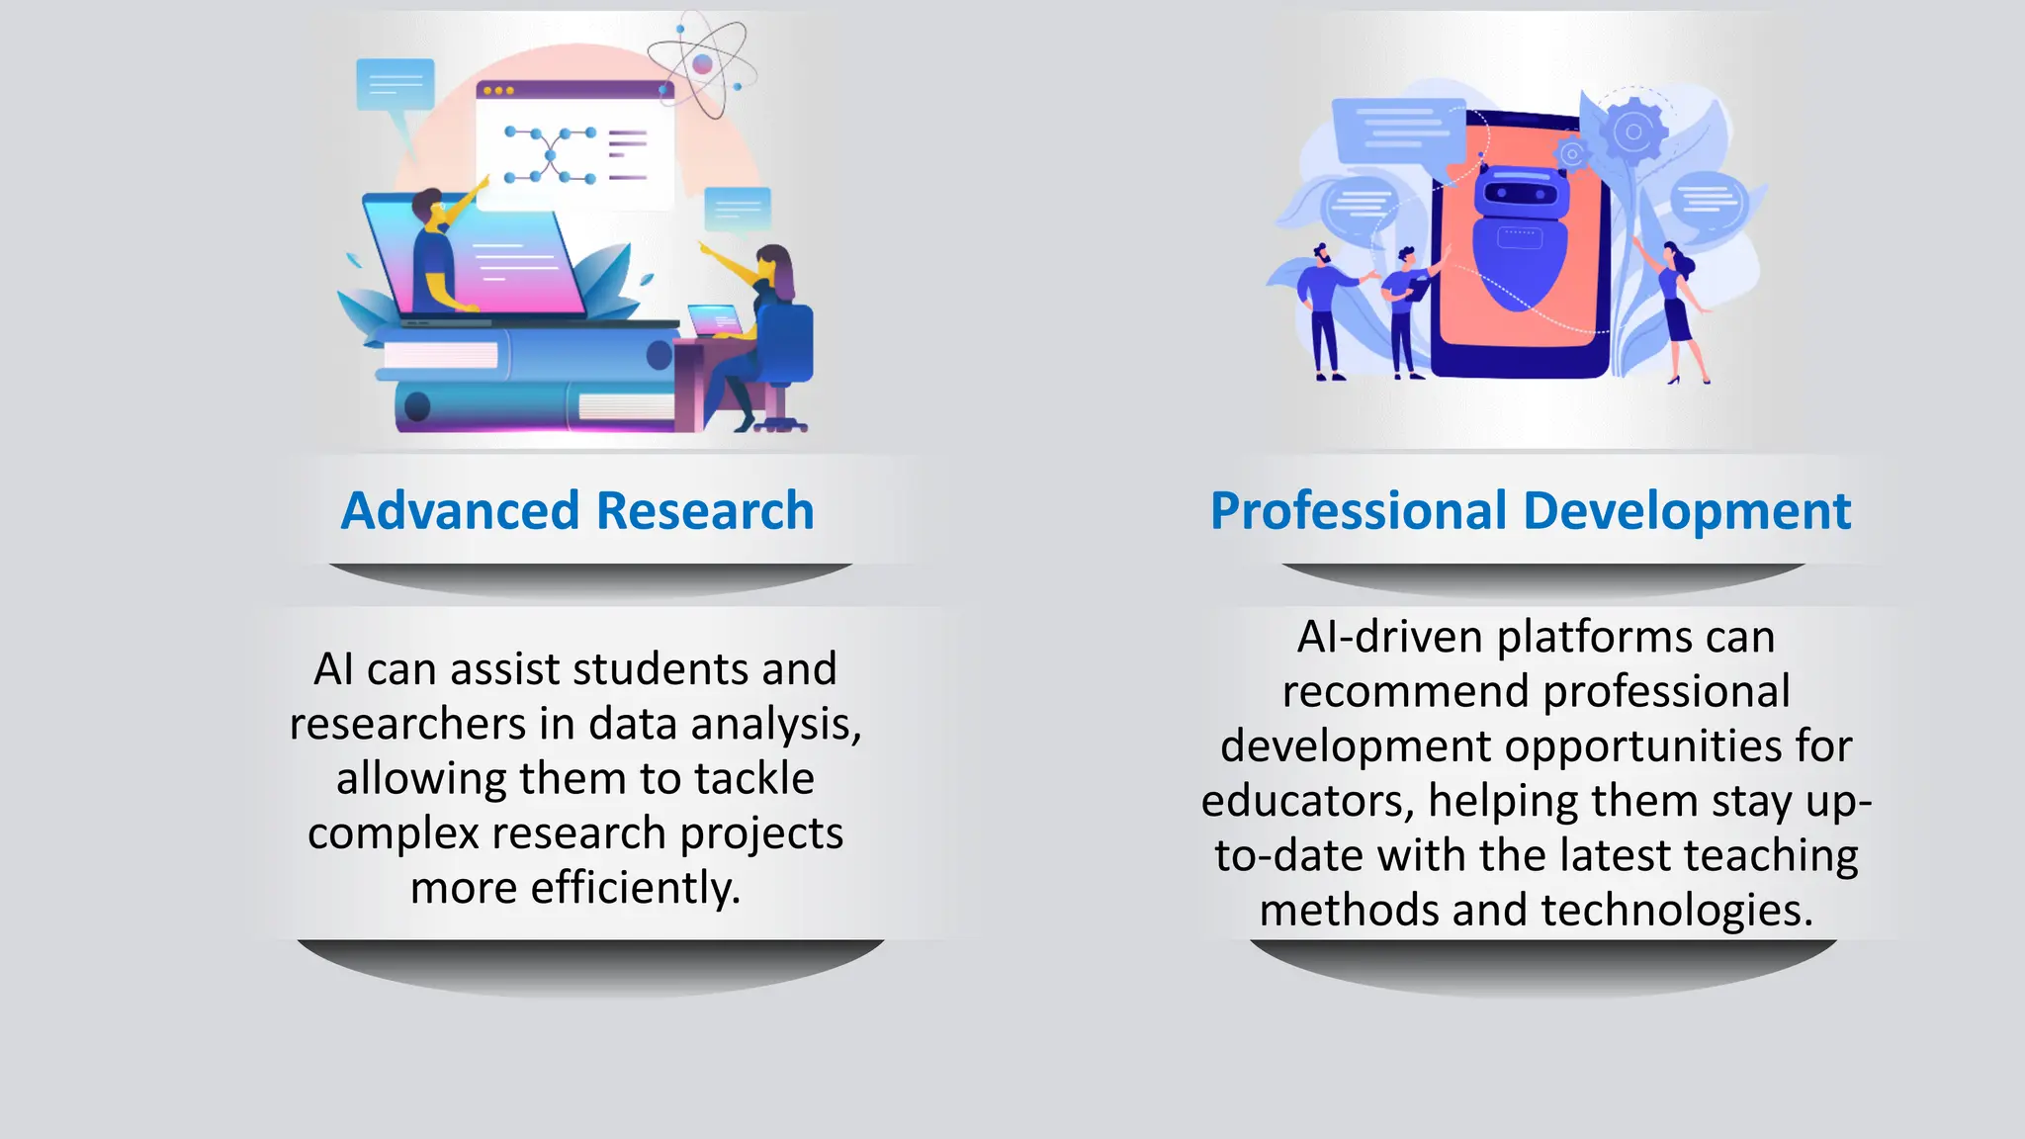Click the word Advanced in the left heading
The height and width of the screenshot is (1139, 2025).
[460, 511]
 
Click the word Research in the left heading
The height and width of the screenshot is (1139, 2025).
[705, 511]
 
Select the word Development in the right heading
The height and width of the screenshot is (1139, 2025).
[1687, 511]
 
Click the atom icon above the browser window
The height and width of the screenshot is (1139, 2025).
[702, 64]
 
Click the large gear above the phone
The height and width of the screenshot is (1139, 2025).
[1632, 131]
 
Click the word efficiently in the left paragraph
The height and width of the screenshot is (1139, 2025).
[636, 888]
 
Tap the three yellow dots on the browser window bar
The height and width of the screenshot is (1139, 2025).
[498, 91]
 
